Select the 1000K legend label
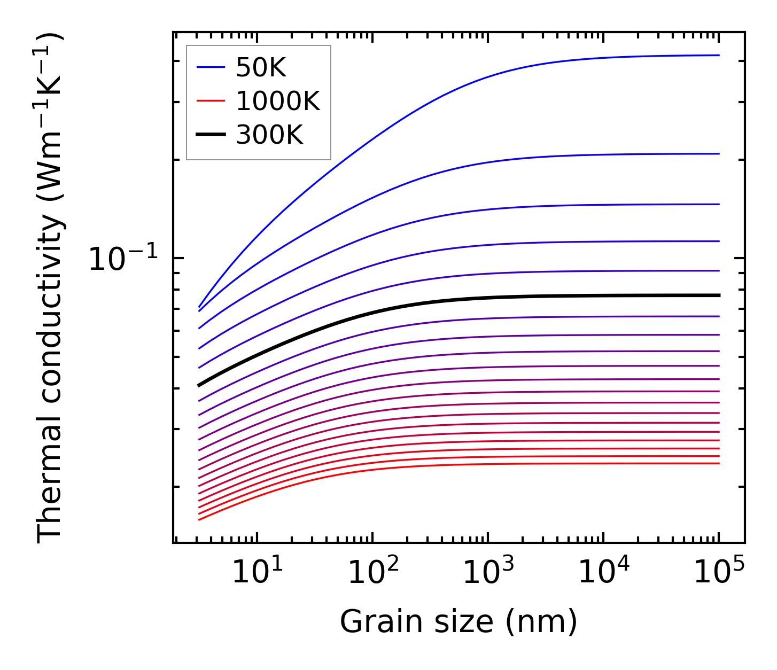(278, 101)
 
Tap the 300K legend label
(269, 135)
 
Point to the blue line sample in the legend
(211, 67)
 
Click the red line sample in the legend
(211, 101)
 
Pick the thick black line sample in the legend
(211, 135)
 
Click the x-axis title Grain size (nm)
(459, 622)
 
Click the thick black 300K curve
(481, 297)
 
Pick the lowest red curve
(481, 464)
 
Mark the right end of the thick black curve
(719, 295)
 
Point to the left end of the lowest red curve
(199, 519)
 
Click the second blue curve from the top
(481, 161)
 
